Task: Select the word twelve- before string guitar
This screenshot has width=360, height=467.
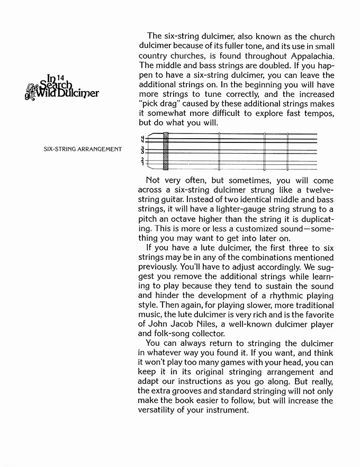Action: pyautogui.click(x=315, y=190)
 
